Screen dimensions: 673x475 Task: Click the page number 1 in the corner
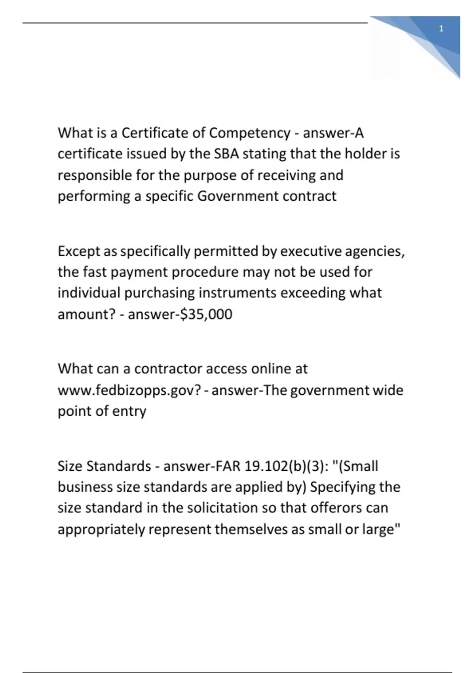click(x=441, y=29)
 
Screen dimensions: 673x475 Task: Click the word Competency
click(x=249, y=133)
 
